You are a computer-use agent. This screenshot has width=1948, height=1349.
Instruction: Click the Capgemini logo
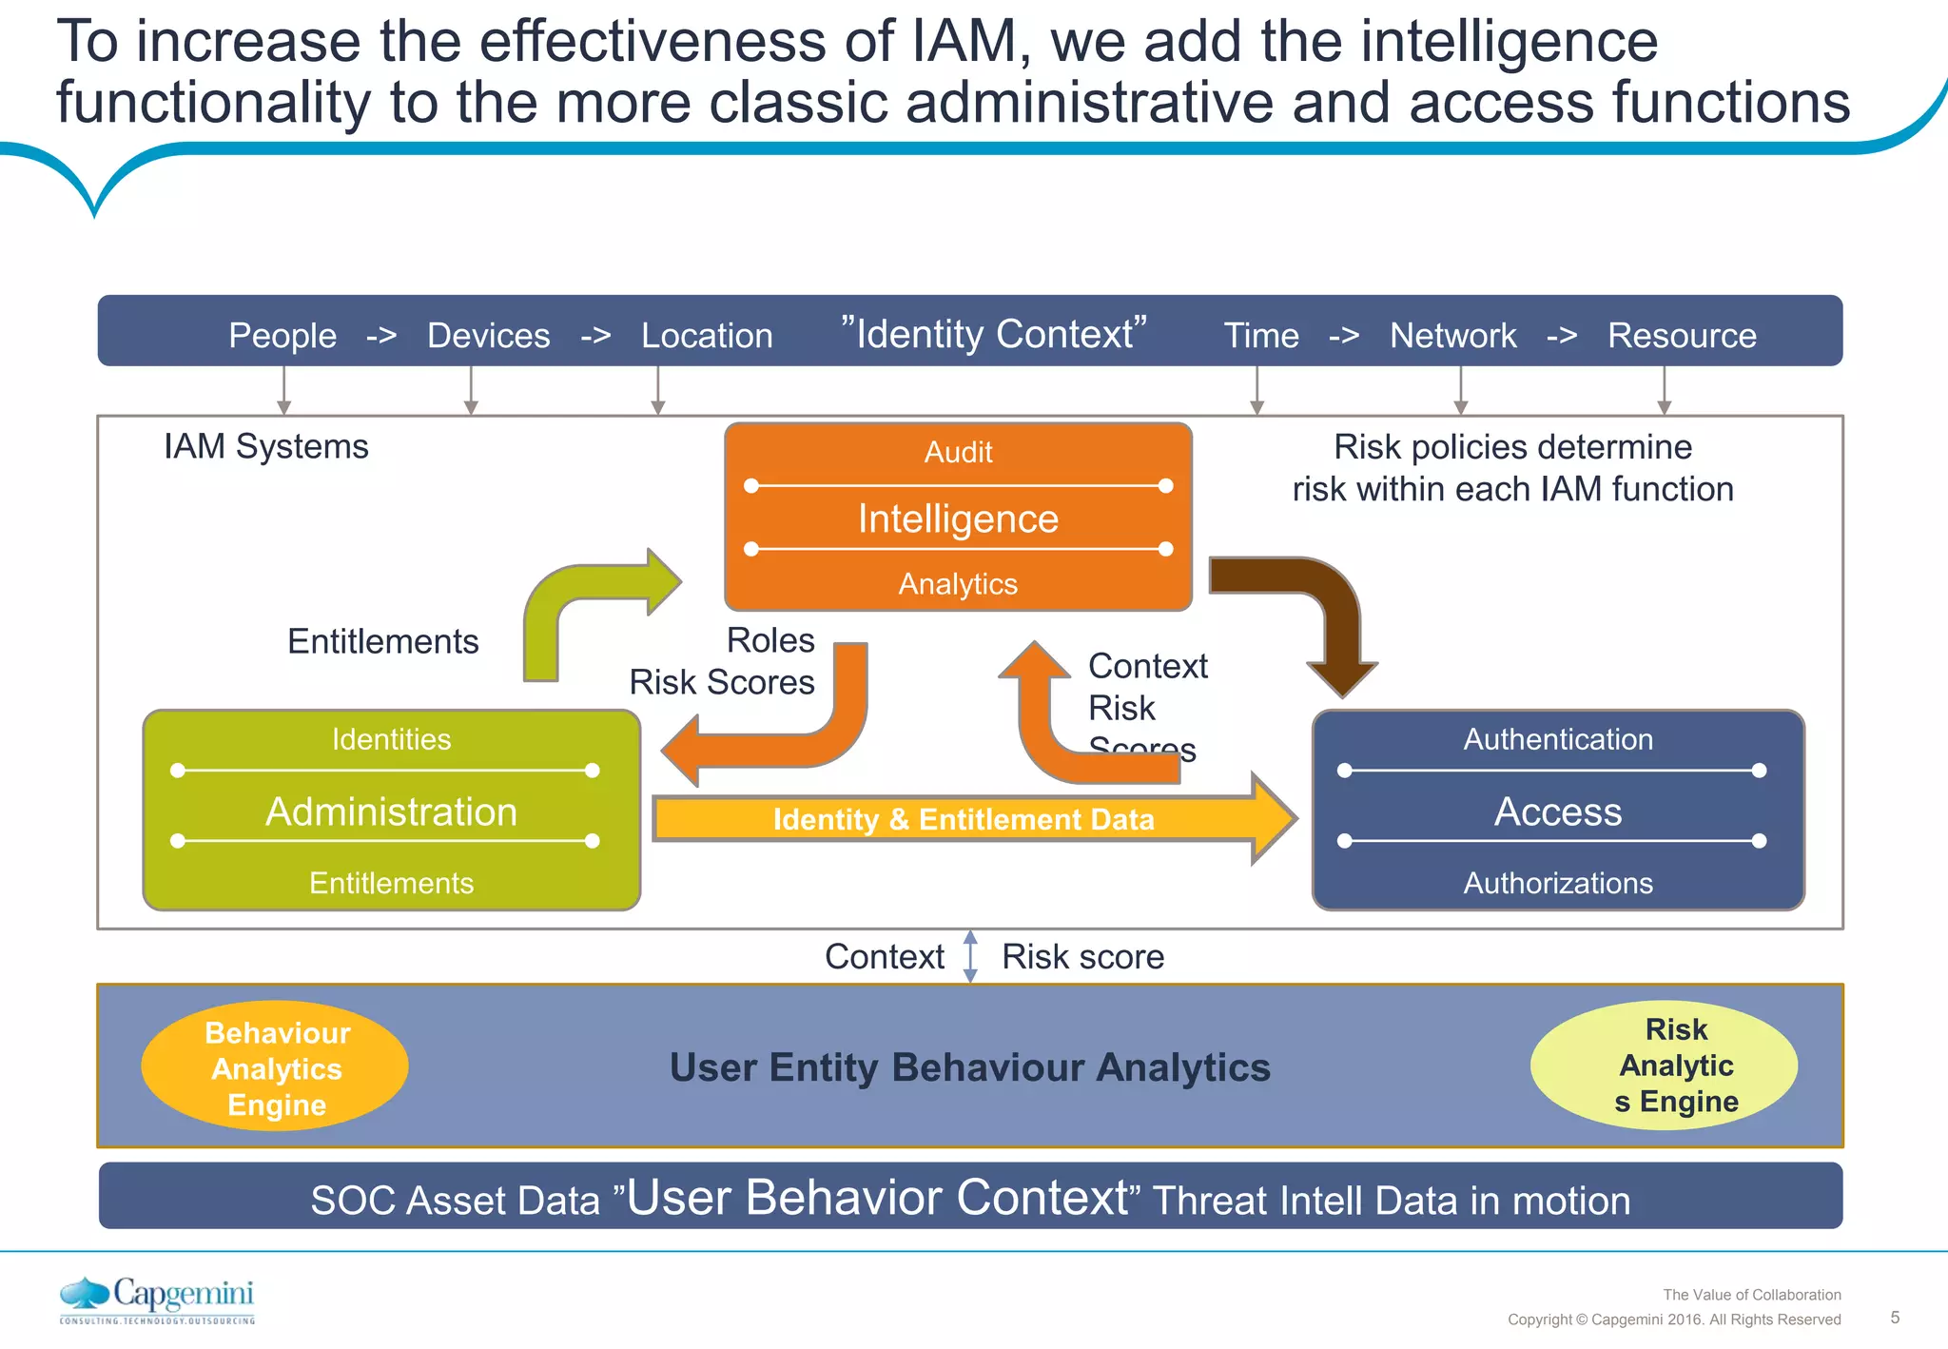coord(158,1300)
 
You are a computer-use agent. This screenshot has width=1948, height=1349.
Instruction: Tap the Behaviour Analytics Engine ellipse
coord(275,1067)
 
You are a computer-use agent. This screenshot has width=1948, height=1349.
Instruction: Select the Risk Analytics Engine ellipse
coord(1664,1066)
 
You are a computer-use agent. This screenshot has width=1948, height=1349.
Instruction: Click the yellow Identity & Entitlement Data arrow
coord(963,819)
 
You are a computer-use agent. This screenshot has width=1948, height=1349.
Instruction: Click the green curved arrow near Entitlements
coord(571,609)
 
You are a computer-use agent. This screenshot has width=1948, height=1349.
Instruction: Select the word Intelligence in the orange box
coord(958,518)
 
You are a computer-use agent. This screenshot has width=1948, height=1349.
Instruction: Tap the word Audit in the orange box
coord(958,452)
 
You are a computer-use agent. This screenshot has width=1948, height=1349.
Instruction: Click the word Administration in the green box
coord(391,811)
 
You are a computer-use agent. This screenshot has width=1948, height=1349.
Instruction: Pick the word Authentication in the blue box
coord(1558,739)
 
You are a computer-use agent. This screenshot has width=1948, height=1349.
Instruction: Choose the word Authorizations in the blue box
coord(1558,883)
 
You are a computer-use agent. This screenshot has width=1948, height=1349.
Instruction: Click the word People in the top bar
coord(282,336)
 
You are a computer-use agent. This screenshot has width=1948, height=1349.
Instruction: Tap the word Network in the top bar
coord(1452,336)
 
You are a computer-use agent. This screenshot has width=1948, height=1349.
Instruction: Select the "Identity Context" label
coord(994,334)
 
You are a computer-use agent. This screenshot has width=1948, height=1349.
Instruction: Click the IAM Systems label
coord(265,446)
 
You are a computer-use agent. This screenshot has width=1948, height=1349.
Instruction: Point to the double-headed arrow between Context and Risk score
coord(970,956)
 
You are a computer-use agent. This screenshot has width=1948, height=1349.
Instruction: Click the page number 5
coord(1895,1318)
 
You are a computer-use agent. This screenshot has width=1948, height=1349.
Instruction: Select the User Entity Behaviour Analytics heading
coord(969,1067)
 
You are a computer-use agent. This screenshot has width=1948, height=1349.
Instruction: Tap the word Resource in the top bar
coord(1682,336)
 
